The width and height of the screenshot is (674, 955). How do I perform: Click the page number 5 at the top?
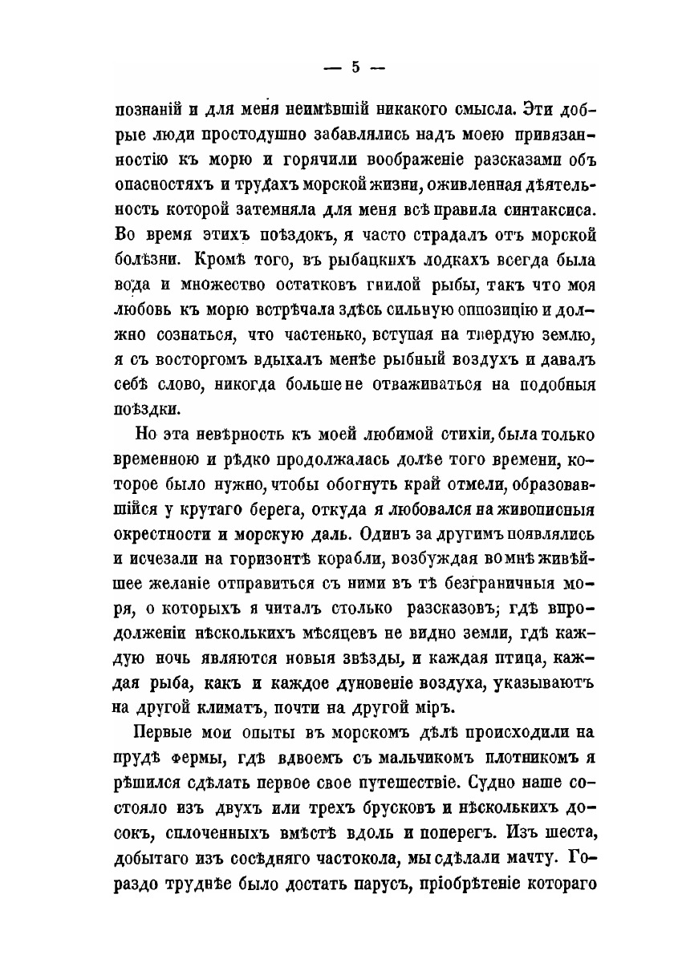point(355,67)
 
